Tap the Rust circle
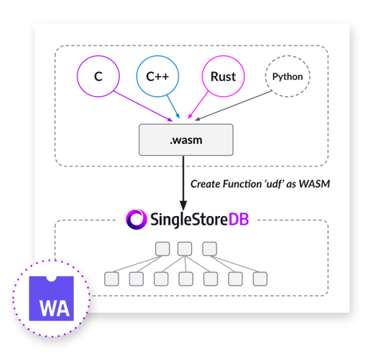click(x=223, y=78)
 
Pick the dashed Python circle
click(x=287, y=78)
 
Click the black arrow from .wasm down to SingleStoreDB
click(x=184, y=182)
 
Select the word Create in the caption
click(x=207, y=185)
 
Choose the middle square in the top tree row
click(x=185, y=249)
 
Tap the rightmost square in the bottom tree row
click(x=258, y=278)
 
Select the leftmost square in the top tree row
click(x=160, y=249)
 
